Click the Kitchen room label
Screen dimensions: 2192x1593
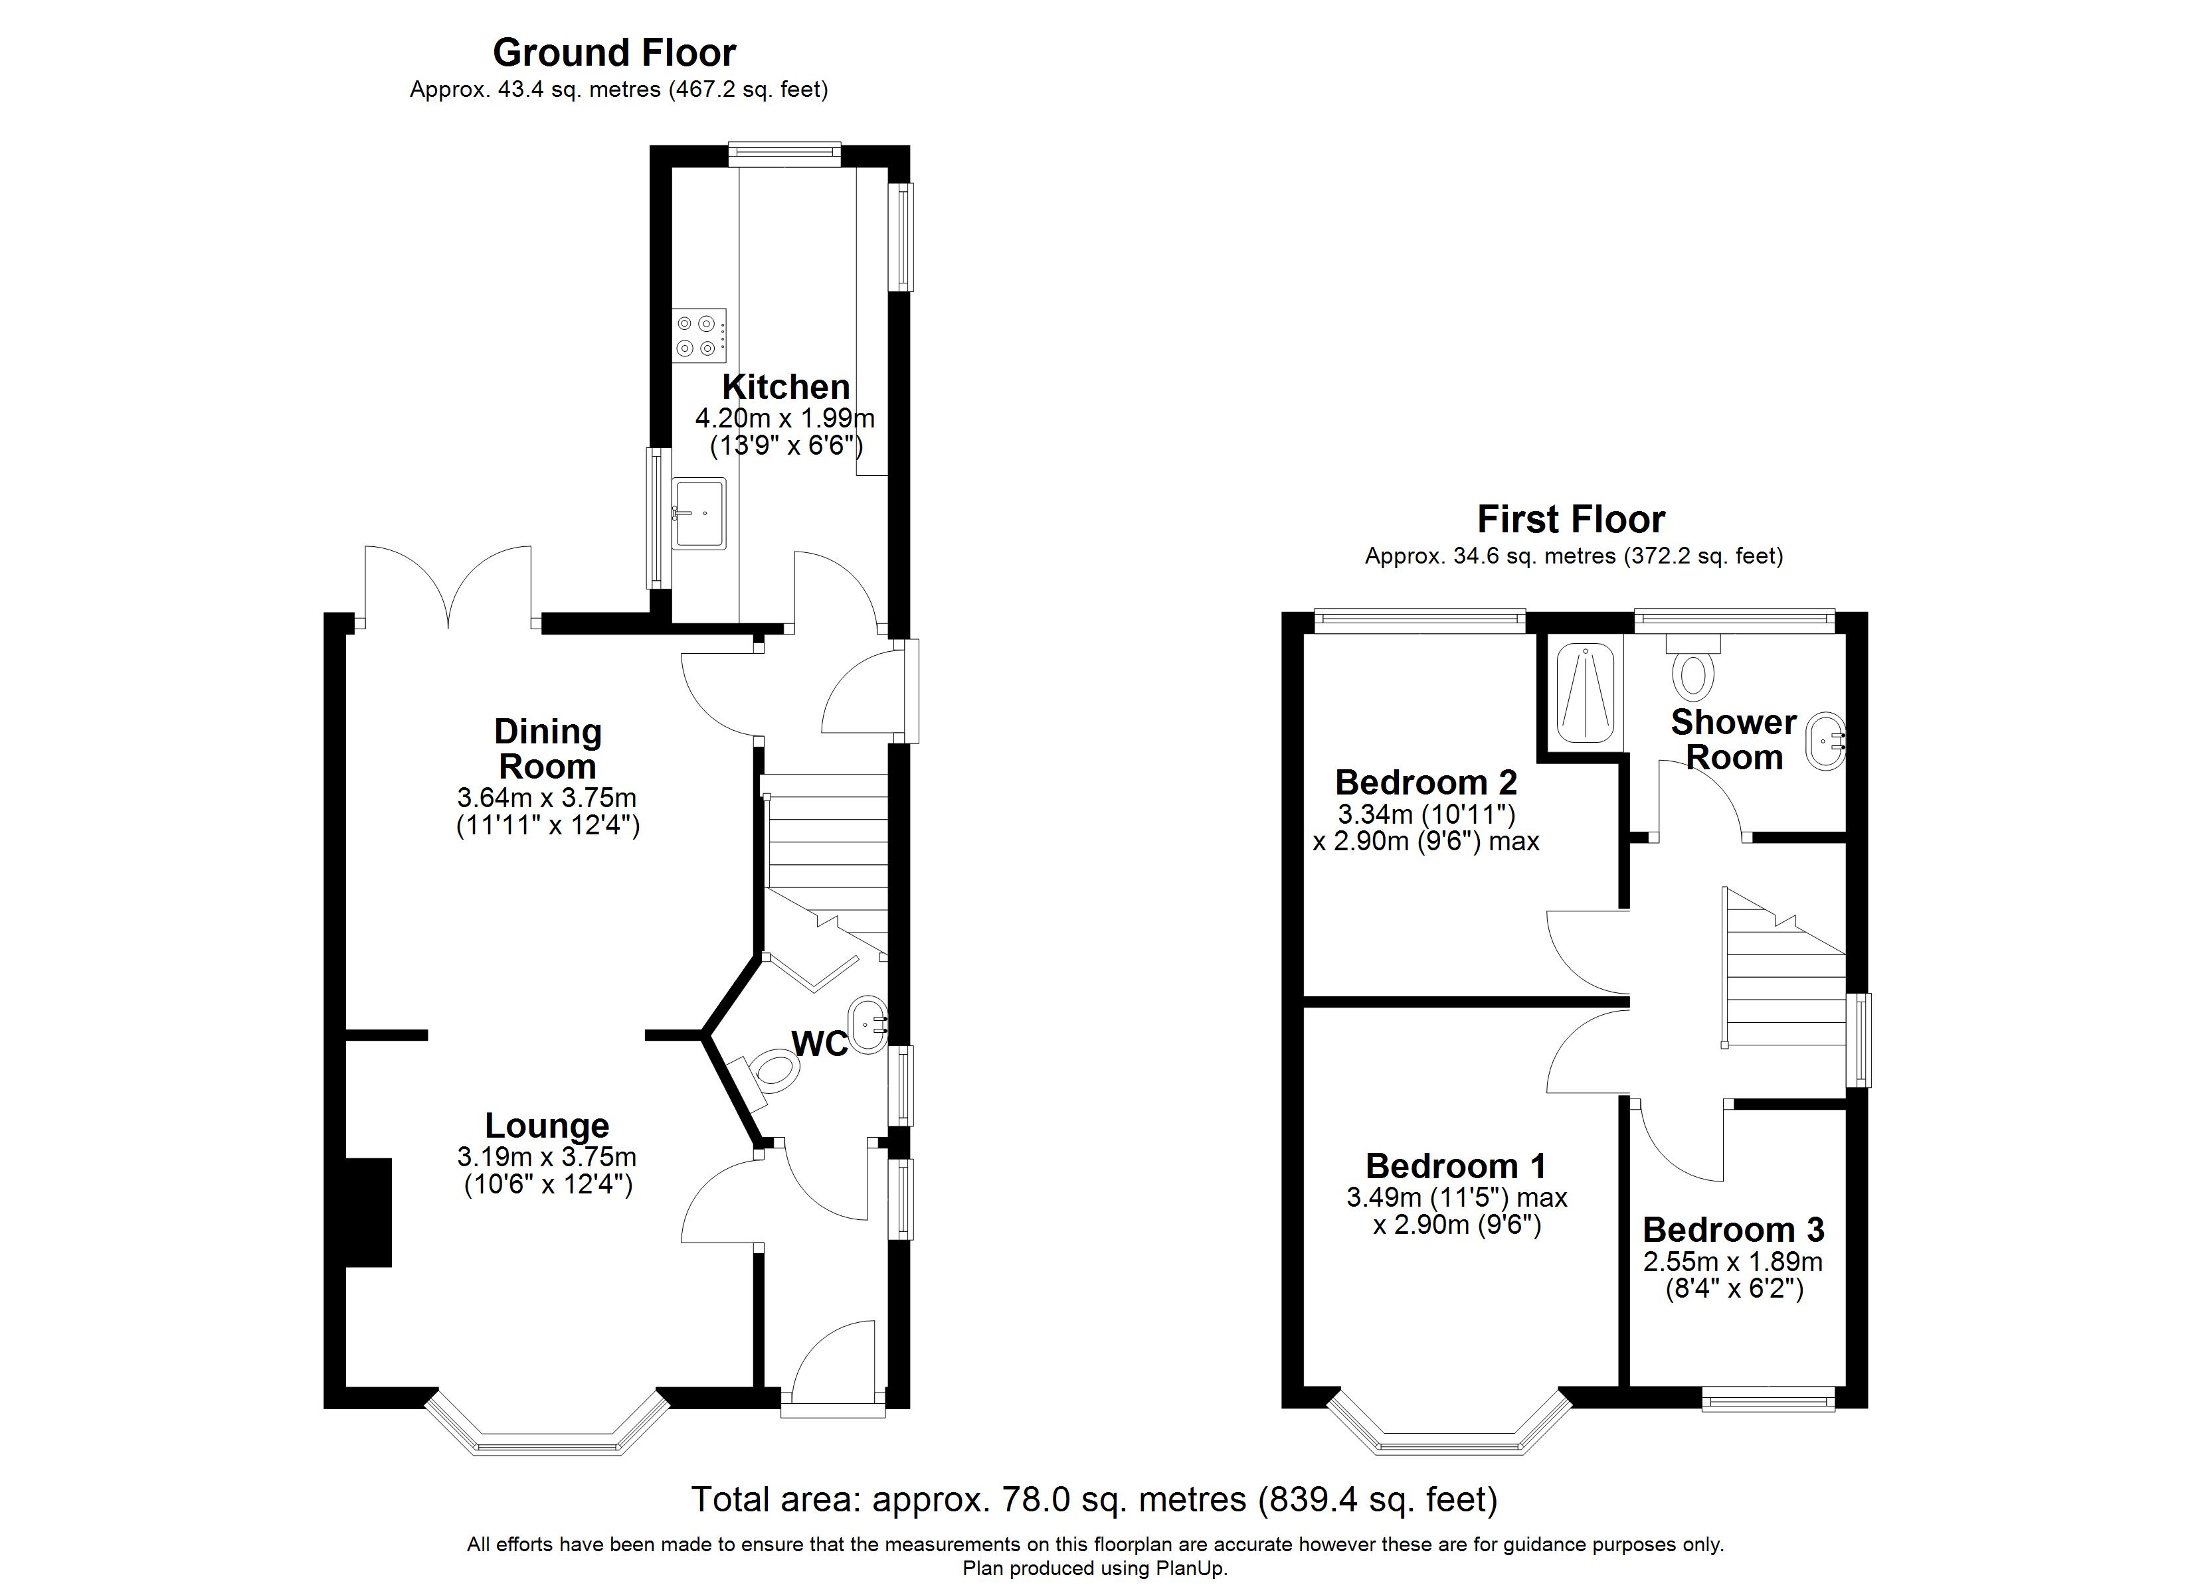(x=786, y=386)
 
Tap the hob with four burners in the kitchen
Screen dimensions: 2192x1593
(x=699, y=336)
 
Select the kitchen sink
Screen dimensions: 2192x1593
(x=699, y=514)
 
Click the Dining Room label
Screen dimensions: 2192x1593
(x=547, y=749)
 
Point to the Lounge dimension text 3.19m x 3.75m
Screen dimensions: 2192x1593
(x=547, y=1156)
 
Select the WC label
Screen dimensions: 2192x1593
(x=820, y=1043)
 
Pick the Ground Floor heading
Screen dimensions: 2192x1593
(x=614, y=52)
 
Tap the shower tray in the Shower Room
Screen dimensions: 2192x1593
(x=1585, y=693)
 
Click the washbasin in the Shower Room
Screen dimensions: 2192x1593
(x=1826, y=741)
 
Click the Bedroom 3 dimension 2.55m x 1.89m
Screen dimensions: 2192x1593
(x=1733, y=1262)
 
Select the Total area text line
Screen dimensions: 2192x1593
(x=1094, y=1499)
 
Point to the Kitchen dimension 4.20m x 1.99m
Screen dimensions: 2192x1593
(x=784, y=418)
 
